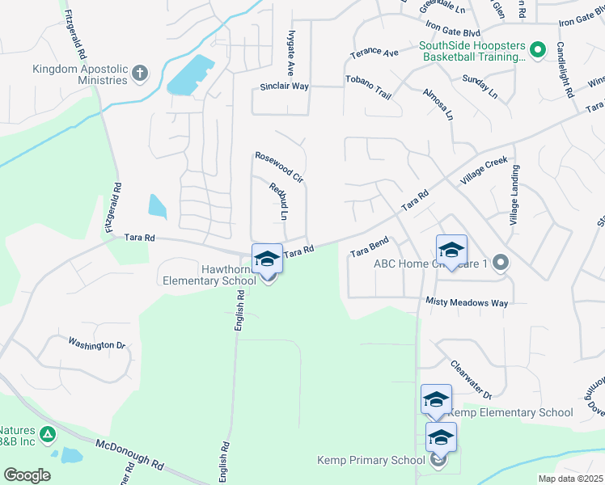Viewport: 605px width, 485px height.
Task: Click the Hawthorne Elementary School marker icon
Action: point(267,259)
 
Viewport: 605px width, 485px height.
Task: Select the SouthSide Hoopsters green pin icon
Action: point(538,50)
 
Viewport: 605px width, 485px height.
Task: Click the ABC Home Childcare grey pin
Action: point(501,263)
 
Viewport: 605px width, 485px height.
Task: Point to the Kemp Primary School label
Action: point(370,461)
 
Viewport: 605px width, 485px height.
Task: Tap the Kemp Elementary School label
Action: point(510,412)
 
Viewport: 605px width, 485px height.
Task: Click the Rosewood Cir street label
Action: point(278,167)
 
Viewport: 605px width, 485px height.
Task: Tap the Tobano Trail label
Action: point(369,86)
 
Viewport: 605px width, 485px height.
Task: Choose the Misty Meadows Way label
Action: point(467,302)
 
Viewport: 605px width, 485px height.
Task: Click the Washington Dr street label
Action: point(97,344)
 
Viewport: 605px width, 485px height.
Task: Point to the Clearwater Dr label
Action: point(471,380)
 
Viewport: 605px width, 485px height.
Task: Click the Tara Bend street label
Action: point(370,247)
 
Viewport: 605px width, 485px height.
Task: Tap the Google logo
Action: point(27,474)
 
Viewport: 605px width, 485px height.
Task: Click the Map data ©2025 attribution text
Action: point(570,479)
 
